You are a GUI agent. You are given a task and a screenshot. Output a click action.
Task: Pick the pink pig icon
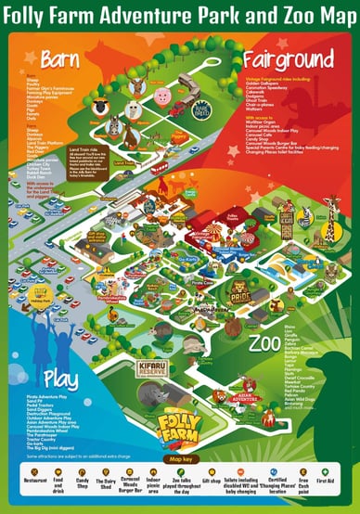163,96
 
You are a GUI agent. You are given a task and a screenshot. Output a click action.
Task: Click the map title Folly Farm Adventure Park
180,15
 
